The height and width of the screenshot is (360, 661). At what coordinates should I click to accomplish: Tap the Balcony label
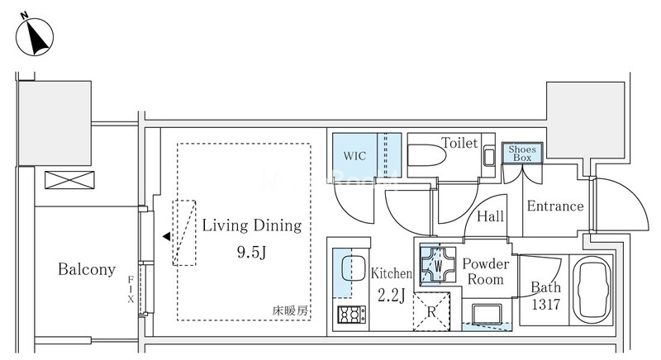(x=87, y=269)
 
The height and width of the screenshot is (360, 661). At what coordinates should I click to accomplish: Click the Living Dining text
(x=252, y=225)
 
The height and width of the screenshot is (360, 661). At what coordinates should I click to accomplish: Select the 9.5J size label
(x=252, y=252)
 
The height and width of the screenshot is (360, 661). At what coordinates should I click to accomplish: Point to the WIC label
(x=354, y=156)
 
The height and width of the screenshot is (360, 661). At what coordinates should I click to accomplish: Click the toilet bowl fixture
(x=427, y=156)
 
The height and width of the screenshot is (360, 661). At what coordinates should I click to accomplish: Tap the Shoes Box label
(x=522, y=154)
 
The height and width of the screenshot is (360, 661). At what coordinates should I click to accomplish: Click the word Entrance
(x=555, y=206)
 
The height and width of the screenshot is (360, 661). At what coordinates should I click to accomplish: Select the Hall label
(x=490, y=217)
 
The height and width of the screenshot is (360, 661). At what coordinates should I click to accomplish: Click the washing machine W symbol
(x=438, y=265)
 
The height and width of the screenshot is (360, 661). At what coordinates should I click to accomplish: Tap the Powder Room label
(x=486, y=272)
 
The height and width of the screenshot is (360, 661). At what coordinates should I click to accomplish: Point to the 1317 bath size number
(x=545, y=304)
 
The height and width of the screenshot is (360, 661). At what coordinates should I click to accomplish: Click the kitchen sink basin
(x=353, y=268)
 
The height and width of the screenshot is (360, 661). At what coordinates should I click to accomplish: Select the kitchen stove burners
(x=352, y=315)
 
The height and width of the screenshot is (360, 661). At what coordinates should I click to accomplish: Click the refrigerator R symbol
(x=431, y=312)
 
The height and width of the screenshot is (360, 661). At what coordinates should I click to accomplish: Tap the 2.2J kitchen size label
(x=391, y=296)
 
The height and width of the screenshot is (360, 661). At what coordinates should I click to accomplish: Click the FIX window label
(x=131, y=289)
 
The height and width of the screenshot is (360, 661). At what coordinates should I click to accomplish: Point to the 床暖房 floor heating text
(x=290, y=311)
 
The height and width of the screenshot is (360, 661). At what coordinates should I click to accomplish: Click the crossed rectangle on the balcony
(x=69, y=180)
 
